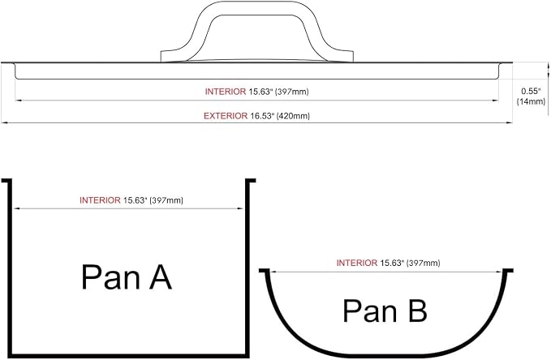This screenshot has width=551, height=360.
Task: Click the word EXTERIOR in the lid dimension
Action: click(x=226, y=116)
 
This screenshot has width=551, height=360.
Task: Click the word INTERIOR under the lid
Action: click(x=226, y=92)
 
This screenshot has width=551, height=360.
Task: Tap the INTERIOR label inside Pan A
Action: click(x=100, y=200)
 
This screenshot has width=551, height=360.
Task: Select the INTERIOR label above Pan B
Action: click(x=357, y=263)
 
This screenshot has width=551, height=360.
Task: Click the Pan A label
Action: click(x=127, y=277)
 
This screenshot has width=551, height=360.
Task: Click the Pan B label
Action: click(x=385, y=311)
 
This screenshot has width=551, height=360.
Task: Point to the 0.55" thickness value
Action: click(x=531, y=92)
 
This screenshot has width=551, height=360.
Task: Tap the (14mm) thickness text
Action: click(x=531, y=101)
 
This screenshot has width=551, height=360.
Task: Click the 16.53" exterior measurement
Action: click(x=262, y=116)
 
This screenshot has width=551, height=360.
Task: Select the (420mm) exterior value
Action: click(x=293, y=116)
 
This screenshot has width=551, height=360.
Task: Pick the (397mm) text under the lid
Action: click(x=291, y=92)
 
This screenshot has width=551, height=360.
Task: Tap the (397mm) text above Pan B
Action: click(x=423, y=263)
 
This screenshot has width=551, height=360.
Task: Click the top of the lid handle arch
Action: click(x=257, y=2)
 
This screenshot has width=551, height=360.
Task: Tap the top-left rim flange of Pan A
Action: click(x=6, y=181)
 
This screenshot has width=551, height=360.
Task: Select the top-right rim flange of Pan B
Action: click(x=508, y=271)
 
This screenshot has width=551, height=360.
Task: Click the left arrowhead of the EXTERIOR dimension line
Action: click(x=3, y=123)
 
